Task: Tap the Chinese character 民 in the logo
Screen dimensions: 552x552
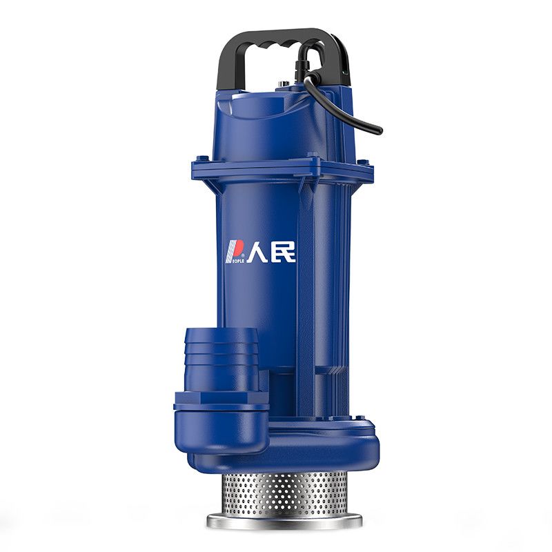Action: pyautogui.click(x=284, y=252)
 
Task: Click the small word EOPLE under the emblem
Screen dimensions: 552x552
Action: pyautogui.click(x=235, y=260)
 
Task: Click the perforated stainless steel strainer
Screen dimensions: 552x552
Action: pyautogui.click(x=284, y=492)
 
